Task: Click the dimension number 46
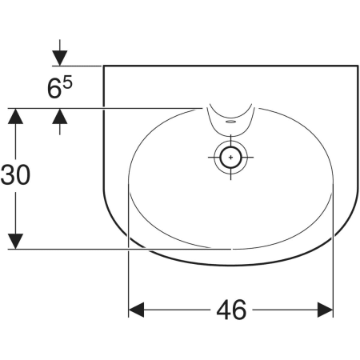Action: (x=231, y=310)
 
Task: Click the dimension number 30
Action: (x=15, y=174)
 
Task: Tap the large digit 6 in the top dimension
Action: (x=54, y=89)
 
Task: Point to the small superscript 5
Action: (x=68, y=82)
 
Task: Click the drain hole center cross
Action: (x=230, y=157)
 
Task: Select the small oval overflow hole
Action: (x=230, y=122)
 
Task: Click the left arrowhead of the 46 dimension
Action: (x=136, y=310)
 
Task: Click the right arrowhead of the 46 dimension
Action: (x=326, y=310)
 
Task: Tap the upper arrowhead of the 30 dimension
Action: (x=15, y=116)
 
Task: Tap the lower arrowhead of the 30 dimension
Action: (x=15, y=242)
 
